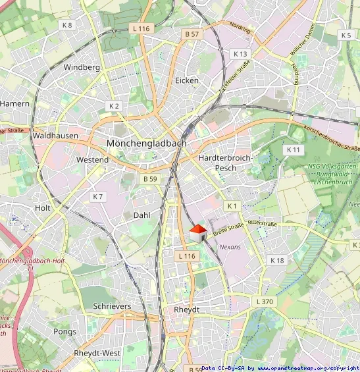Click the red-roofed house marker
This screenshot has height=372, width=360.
coord(198,232)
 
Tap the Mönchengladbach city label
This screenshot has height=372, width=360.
coord(146,143)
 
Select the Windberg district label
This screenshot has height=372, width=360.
coord(82,67)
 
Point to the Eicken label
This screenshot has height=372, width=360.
coord(187,80)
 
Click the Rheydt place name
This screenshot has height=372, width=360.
coord(187,309)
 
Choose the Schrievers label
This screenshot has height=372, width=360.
coord(112,306)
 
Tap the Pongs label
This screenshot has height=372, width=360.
coord(64,332)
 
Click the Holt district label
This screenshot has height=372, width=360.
coord(43,207)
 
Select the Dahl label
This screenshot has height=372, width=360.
coord(141,215)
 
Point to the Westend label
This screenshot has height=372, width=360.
coord(92,160)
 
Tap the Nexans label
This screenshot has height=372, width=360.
coord(230,247)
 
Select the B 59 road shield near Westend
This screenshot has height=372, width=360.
coord(150,178)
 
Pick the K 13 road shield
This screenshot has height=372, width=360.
coord(240,53)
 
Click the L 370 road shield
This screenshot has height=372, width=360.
coord(263,301)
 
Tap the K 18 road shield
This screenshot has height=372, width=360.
coord(278,261)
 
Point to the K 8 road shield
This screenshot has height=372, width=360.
coord(66,25)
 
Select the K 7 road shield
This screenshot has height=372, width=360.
coord(98,196)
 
